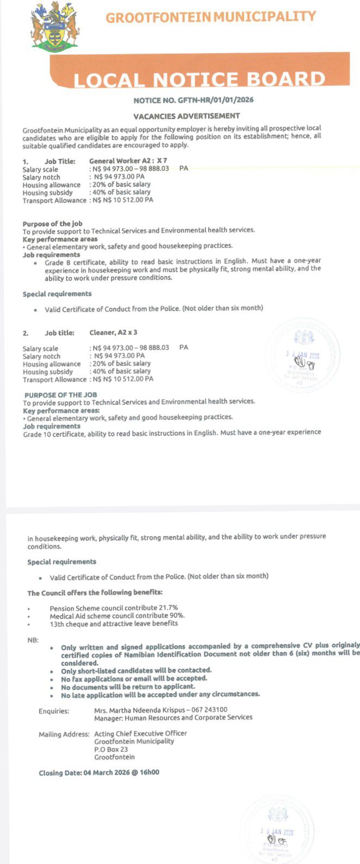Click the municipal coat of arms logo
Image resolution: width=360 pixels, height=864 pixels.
(54, 26)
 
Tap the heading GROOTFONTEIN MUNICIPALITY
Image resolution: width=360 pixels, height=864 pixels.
(210, 17)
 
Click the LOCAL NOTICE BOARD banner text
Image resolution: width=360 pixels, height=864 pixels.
(199, 79)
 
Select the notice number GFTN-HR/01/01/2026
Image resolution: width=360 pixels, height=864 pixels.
(193, 100)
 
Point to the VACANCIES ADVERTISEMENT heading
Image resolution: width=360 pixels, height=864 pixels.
(186, 116)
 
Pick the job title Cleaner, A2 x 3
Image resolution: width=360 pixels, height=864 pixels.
(109, 332)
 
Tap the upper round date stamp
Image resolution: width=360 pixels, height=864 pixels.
(303, 357)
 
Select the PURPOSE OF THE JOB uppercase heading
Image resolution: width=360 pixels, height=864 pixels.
(60, 394)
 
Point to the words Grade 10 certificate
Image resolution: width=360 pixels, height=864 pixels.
(52, 432)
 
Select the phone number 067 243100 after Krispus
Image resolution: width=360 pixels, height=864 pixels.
(210, 709)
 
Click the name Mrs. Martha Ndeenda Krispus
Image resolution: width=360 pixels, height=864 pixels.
(139, 709)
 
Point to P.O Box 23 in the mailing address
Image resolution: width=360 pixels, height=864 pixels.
(111, 749)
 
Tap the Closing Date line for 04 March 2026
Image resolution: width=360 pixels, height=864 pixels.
(99, 773)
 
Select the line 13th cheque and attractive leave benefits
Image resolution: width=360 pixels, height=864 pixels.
(113, 623)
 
